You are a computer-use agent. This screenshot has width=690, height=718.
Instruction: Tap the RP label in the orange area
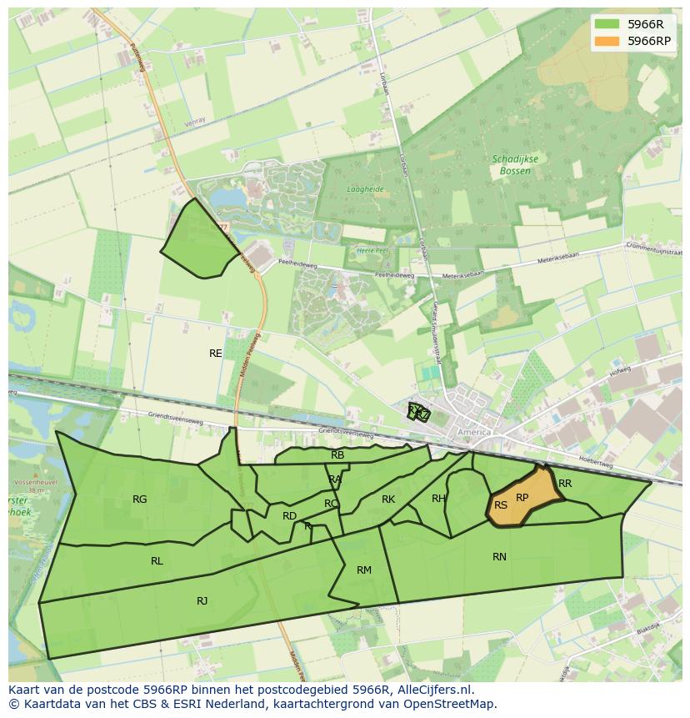[522, 498]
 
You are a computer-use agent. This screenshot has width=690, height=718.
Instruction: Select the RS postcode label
[501, 505]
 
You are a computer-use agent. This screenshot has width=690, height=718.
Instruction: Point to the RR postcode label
[565, 484]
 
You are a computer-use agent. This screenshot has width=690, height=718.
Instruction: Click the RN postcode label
[499, 557]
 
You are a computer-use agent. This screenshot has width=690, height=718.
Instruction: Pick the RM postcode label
[364, 570]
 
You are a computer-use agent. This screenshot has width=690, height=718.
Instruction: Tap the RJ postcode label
[202, 601]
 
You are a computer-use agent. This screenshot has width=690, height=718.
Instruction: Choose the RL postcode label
[157, 561]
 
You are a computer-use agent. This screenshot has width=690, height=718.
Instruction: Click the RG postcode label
[139, 500]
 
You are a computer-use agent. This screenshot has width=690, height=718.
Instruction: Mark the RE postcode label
[216, 354]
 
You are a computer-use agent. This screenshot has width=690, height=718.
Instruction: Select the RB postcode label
[337, 455]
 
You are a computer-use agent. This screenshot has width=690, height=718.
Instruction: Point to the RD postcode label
[289, 516]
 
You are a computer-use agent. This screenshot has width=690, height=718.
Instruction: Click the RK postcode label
[388, 500]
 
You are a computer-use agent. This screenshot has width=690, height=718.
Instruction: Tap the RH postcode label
[438, 499]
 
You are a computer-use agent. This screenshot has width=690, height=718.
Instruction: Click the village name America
[474, 432]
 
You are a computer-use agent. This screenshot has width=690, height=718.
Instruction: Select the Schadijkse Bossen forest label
[515, 165]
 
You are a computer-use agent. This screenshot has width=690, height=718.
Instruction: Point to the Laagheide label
[365, 189]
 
